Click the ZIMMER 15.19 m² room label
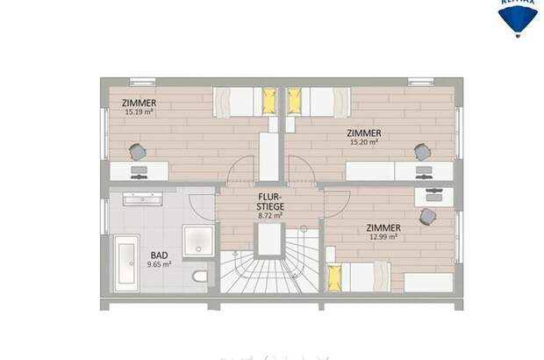tap(140, 107)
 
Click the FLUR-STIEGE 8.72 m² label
tap(270, 205)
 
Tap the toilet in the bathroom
tap(200, 277)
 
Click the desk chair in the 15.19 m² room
tap(138, 152)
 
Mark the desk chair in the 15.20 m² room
tap(423, 151)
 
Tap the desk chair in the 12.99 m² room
tap(428, 215)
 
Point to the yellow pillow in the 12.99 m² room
tap(333, 278)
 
